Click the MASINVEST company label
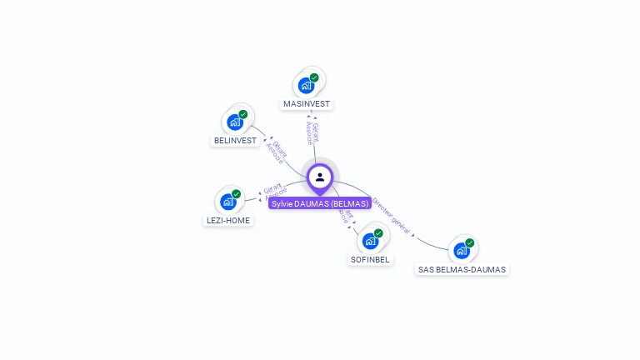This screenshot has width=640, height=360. click(x=307, y=104)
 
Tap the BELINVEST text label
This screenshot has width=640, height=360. click(x=235, y=141)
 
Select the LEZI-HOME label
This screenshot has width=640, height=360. click(x=227, y=221)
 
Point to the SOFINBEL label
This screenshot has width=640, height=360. click(x=370, y=259)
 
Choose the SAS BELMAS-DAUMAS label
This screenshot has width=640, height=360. click(x=462, y=269)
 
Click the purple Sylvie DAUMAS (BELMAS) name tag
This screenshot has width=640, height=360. click(x=320, y=203)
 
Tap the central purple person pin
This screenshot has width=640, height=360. click(x=320, y=177)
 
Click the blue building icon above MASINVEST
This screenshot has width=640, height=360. click(x=306, y=85)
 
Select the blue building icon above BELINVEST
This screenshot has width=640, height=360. click(x=235, y=122)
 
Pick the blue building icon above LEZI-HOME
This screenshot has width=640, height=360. click(x=227, y=202)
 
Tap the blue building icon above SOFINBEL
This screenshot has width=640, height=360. click(x=370, y=241)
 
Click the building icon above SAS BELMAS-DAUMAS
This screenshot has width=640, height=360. click(x=461, y=250)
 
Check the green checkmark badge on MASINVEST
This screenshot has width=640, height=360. click(x=314, y=77)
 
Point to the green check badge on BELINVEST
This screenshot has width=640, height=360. click(x=243, y=114)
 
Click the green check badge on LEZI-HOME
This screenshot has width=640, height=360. click(x=236, y=194)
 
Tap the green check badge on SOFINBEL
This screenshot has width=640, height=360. click(x=378, y=233)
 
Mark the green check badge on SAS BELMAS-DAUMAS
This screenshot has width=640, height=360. click(x=469, y=242)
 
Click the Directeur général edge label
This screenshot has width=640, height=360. click(x=391, y=216)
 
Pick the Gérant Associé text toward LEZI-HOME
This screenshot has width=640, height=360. click(x=274, y=192)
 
